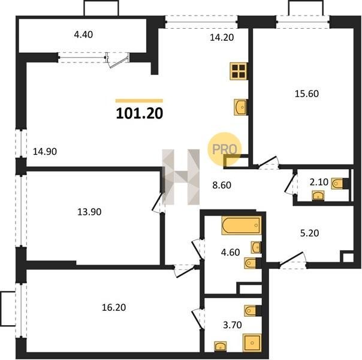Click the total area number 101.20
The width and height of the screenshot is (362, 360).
(x=140, y=113)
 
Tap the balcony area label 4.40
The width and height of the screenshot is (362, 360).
(x=83, y=35)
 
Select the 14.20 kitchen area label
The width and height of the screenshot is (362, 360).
(x=222, y=37)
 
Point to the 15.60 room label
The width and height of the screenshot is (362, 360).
(x=307, y=94)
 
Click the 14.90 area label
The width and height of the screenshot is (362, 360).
(x=45, y=152)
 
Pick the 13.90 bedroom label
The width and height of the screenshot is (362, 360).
(x=89, y=212)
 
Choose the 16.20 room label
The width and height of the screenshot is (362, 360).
(x=114, y=308)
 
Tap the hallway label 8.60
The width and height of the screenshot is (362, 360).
(x=222, y=185)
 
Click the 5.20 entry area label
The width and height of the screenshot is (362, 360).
(x=309, y=233)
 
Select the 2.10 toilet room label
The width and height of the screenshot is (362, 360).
(x=319, y=182)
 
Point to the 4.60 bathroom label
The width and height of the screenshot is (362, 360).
(x=230, y=253)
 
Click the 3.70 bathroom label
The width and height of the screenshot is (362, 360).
(x=233, y=325)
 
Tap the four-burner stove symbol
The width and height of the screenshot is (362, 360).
(x=239, y=71)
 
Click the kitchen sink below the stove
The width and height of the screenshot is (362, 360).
(x=241, y=107)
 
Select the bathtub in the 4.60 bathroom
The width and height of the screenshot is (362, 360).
(x=242, y=225)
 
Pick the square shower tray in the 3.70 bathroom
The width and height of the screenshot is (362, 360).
(x=252, y=343)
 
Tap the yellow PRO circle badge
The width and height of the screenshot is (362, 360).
(x=224, y=149)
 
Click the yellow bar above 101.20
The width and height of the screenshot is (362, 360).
(x=139, y=101)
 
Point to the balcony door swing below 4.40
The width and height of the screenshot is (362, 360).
(x=117, y=61)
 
